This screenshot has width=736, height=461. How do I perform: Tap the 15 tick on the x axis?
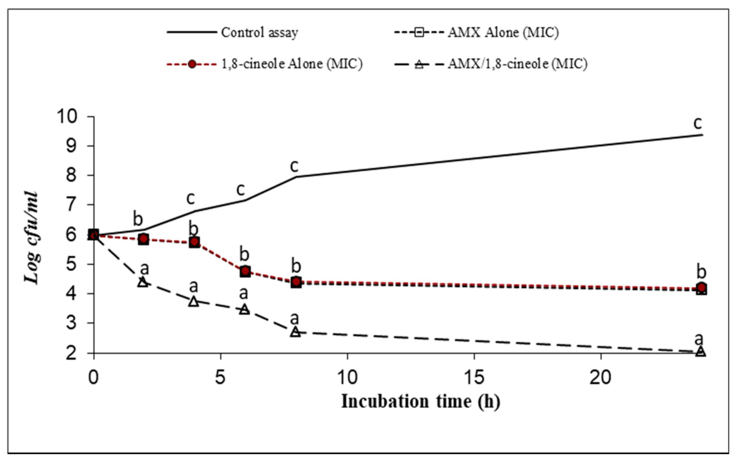[474, 377]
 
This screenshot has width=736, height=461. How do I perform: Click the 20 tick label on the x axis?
[600, 377]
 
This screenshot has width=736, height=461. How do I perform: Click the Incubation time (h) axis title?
[420, 402]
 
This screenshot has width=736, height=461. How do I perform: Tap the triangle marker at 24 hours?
[701, 351]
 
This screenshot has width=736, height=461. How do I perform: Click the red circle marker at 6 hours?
[245, 271]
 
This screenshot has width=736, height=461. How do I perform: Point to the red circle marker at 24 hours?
[701, 287]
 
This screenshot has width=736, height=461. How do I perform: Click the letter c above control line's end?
[697, 123]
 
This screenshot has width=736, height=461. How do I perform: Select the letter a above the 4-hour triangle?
[193, 287]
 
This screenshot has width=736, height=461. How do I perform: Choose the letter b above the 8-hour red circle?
[296, 266]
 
